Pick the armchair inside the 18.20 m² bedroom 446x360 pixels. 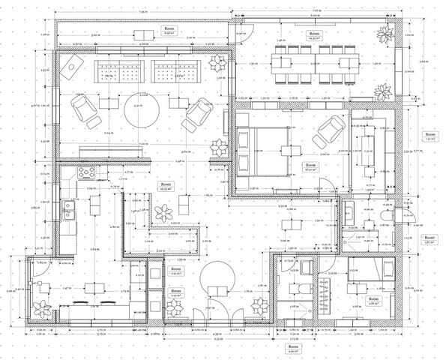[328, 133]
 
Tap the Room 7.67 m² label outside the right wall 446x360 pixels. [430, 136]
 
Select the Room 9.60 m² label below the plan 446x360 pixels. [292, 349]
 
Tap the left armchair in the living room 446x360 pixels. [82, 112]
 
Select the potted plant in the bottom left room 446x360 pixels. [40, 308]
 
